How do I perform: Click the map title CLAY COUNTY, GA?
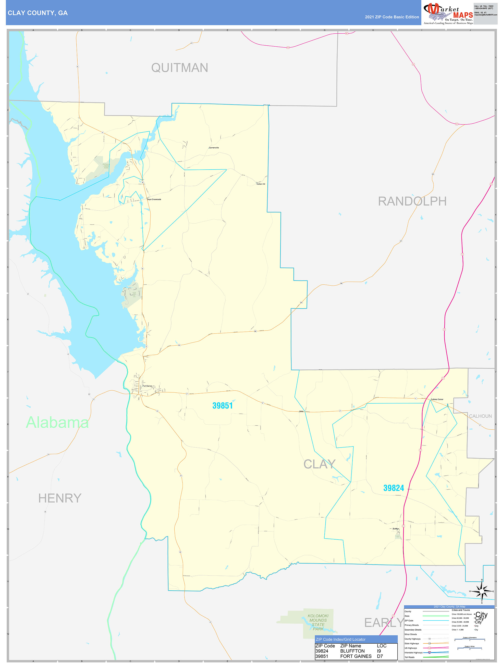coord(38,13)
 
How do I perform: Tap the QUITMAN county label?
coord(179,68)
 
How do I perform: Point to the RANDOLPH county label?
coord(412,201)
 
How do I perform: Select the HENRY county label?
coord(60,498)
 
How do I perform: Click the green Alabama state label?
coord(57,422)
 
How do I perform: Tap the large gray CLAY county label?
coord(319,464)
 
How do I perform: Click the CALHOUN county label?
coord(480,416)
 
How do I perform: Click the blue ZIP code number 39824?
coord(393,488)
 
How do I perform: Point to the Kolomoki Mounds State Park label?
coord(318,622)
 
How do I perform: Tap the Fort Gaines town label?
coord(147,386)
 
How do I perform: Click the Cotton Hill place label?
coord(261,184)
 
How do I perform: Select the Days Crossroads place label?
coord(154,199)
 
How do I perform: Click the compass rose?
coord(482,591)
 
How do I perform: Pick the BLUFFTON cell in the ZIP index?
coord(352,651)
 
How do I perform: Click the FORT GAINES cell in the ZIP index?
coord(356,656)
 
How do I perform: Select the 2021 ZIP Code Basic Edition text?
coord(392,17)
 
